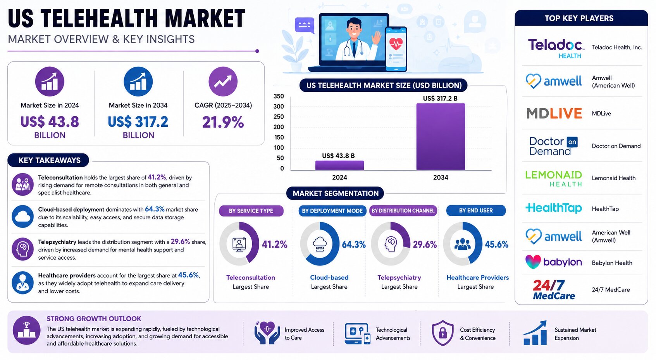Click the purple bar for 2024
tap(339, 165)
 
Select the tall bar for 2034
tap(441, 136)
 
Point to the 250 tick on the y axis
tap(279, 117)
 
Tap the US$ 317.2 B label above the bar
tap(440, 98)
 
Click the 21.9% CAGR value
tap(223, 122)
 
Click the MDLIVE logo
tap(554, 114)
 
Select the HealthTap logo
tap(553, 208)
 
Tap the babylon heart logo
tap(533, 262)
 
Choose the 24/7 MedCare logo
tap(553, 289)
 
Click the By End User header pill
tap(475, 210)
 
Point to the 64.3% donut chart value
tap(354, 244)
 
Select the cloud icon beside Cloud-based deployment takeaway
tap(22, 217)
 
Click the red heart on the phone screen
tap(396, 44)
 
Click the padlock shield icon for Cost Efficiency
tap(442, 333)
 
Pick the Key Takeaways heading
tap(49, 160)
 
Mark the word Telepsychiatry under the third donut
tap(399, 277)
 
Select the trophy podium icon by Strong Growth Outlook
tap(27, 331)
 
